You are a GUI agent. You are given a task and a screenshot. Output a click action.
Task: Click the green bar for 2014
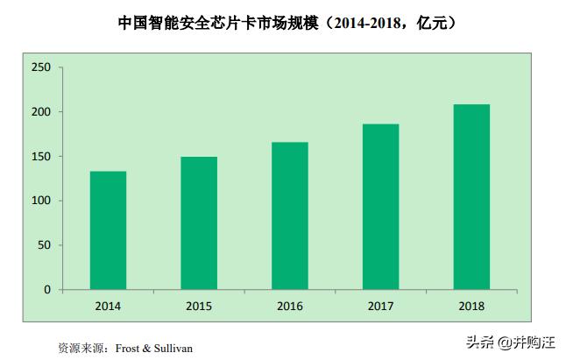[108, 229]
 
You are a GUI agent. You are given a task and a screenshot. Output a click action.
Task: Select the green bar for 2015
[199, 222]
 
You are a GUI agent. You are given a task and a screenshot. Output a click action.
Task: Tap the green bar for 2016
[290, 215]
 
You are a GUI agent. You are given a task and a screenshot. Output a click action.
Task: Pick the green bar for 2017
[381, 206]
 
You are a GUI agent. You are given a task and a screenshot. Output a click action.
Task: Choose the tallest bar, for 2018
[471, 196]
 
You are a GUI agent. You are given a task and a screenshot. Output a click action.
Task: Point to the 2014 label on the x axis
[108, 307]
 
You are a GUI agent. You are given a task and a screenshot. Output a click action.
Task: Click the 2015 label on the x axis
[199, 307]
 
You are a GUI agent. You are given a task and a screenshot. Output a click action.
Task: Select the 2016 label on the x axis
[290, 307]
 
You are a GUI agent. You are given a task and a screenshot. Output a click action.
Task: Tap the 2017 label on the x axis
[381, 307]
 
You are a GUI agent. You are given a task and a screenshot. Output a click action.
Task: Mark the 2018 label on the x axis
[471, 307]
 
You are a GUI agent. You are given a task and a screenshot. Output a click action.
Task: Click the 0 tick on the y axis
[47, 290]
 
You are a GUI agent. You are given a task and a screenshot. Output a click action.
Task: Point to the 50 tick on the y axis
[45, 245]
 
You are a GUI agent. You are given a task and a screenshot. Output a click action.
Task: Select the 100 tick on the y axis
[41, 201]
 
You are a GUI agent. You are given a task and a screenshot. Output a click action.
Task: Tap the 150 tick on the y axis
[41, 157]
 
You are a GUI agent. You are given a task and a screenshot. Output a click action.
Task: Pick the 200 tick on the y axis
[41, 112]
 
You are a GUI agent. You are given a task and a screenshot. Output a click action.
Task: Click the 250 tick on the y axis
[41, 67]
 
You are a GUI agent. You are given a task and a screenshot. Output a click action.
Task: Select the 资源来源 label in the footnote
[82, 348]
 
